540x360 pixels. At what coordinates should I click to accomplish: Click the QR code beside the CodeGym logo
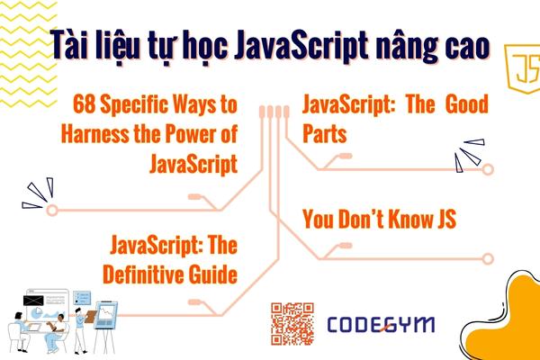point(292,324)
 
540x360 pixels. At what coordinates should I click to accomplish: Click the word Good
point(465,106)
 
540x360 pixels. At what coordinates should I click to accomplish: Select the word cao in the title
point(463,42)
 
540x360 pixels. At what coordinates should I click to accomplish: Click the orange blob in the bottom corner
point(508,319)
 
